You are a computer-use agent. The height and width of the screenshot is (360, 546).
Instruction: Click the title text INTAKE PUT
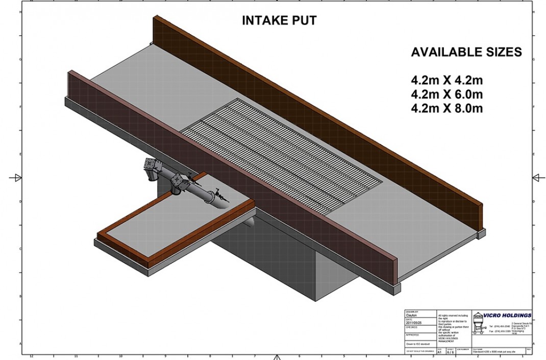[x=279, y=21]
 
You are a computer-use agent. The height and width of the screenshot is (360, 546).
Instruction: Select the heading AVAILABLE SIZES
[x=466, y=52]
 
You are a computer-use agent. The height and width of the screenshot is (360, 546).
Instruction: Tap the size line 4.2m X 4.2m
[x=446, y=80]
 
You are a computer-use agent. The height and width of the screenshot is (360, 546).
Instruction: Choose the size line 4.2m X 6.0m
[x=446, y=94]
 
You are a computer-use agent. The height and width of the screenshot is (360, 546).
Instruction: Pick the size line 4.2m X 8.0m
[x=446, y=108]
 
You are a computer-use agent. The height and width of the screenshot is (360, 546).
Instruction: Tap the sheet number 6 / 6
[x=451, y=352]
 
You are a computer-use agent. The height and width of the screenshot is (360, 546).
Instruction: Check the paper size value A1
[x=440, y=352]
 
